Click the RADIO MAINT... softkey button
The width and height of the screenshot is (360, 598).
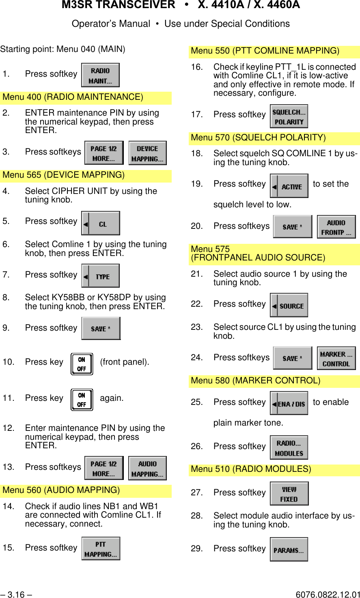click(100, 75)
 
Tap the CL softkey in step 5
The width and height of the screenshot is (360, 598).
click(100, 223)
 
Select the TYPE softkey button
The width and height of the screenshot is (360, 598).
click(100, 276)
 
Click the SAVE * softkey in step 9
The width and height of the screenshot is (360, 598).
click(101, 328)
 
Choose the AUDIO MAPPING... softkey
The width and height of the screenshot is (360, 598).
click(147, 468)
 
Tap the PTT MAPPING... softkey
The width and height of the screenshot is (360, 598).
click(101, 549)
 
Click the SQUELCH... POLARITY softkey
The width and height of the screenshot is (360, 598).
click(289, 116)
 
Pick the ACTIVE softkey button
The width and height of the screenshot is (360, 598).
click(289, 186)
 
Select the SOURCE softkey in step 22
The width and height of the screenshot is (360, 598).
click(289, 305)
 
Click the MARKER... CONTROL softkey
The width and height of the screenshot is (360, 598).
click(336, 358)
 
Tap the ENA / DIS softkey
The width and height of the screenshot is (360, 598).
click(289, 403)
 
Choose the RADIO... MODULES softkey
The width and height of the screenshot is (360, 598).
click(289, 448)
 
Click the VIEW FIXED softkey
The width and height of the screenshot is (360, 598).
click(289, 494)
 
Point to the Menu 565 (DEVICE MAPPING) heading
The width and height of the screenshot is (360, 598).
click(64, 175)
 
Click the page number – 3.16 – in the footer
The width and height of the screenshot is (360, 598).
click(16, 594)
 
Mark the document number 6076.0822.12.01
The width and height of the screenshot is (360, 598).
click(328, 594)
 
